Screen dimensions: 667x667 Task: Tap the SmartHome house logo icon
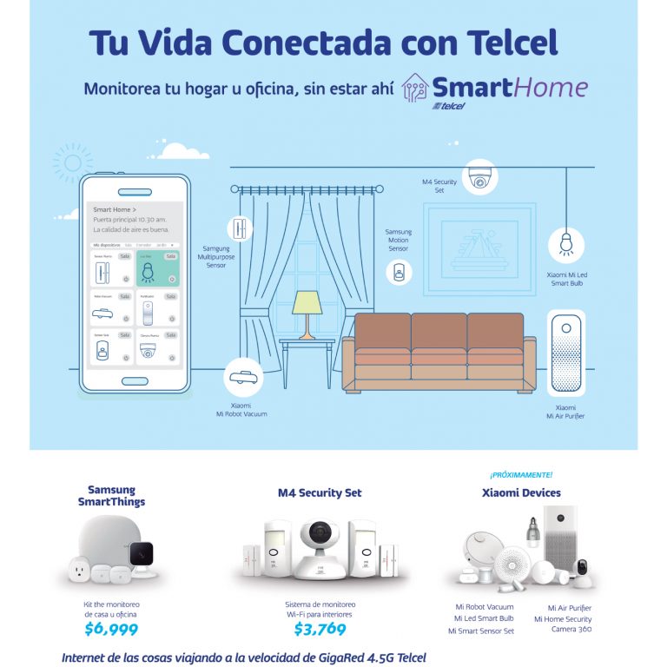417,89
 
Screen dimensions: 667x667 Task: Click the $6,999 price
111,629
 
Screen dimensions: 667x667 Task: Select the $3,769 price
320,629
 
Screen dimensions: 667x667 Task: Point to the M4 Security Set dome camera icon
479,177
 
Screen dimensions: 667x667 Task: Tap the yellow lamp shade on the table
307,302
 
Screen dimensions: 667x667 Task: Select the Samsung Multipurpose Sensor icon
236,228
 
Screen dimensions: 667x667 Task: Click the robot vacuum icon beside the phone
244,376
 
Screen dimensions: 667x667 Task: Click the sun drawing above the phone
71,162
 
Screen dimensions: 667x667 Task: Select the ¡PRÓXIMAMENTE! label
521,474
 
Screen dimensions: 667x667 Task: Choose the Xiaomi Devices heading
521,492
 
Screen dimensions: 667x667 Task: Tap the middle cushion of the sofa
439,333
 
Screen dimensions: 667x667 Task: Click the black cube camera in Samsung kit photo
139,552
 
